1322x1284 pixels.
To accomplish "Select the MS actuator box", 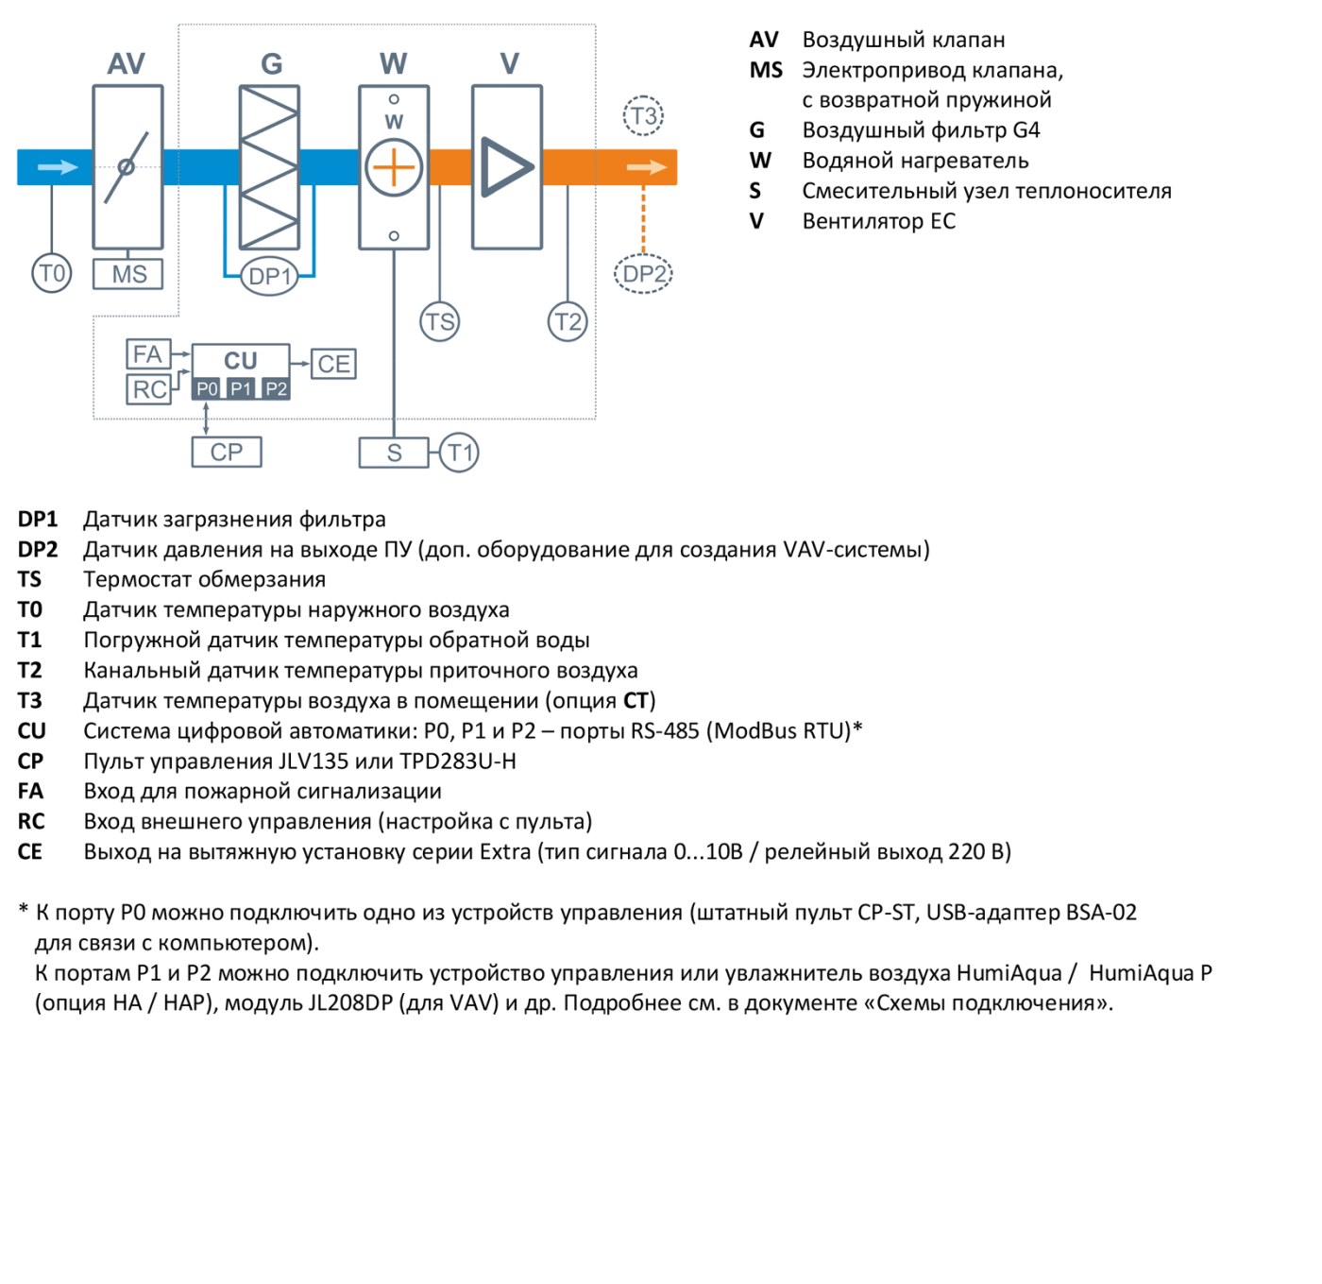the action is pyautogui.click(x=127, y=274).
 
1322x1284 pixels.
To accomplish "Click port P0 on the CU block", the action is pyautogui.click(x=207, y=389).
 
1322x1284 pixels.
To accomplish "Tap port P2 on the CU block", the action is pyautogui.click(x=276, y=389).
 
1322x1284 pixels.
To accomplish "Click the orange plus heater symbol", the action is pyautogui.click(x=394, y=167).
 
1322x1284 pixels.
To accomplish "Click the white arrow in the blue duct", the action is pyautogui.click(x=58, y=167).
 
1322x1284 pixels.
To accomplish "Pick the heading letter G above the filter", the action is pyautogui.click(x=271, y=64).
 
